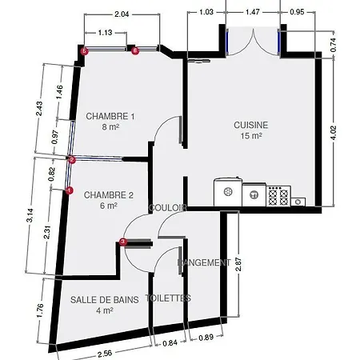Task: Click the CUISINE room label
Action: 251,125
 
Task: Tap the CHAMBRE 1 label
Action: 110,116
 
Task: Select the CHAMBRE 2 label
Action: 109,195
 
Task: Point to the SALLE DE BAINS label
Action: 105,300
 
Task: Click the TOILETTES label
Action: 168,298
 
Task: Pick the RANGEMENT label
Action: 204,262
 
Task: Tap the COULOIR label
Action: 168,208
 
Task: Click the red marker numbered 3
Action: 122,242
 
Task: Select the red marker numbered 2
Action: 72,160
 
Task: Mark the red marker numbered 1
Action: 70,190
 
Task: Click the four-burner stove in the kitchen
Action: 278,196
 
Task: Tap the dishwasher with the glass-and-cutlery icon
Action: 254,194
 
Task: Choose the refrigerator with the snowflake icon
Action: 228,192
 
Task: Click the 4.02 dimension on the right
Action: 334,133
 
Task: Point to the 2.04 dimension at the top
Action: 122,14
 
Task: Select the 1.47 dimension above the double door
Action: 252,12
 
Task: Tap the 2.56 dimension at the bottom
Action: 105,354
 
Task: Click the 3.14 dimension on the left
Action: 30,215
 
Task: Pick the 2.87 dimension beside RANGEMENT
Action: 238,264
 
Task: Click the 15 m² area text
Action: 251,136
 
